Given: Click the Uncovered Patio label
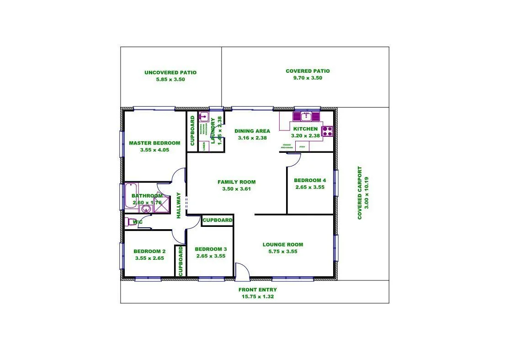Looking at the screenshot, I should (170, 72).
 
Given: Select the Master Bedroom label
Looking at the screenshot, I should (154, 143).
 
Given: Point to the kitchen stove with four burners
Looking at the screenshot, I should (327, 131).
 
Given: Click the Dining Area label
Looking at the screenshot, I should (252, 131).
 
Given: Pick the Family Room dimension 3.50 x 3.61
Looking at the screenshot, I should (236, 188).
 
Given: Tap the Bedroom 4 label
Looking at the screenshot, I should (310, 180).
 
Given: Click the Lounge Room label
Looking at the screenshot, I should (283, 244).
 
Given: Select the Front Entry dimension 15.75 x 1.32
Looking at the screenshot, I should (258, 296).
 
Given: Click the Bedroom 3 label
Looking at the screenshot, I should (211, 249).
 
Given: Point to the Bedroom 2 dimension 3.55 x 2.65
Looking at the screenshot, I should (149, 258).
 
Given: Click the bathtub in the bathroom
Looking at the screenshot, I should (131, 195).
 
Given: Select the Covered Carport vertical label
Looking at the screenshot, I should (360, 193).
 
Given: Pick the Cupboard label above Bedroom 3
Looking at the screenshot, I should (218, 220).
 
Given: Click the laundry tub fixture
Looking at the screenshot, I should (203, 116).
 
